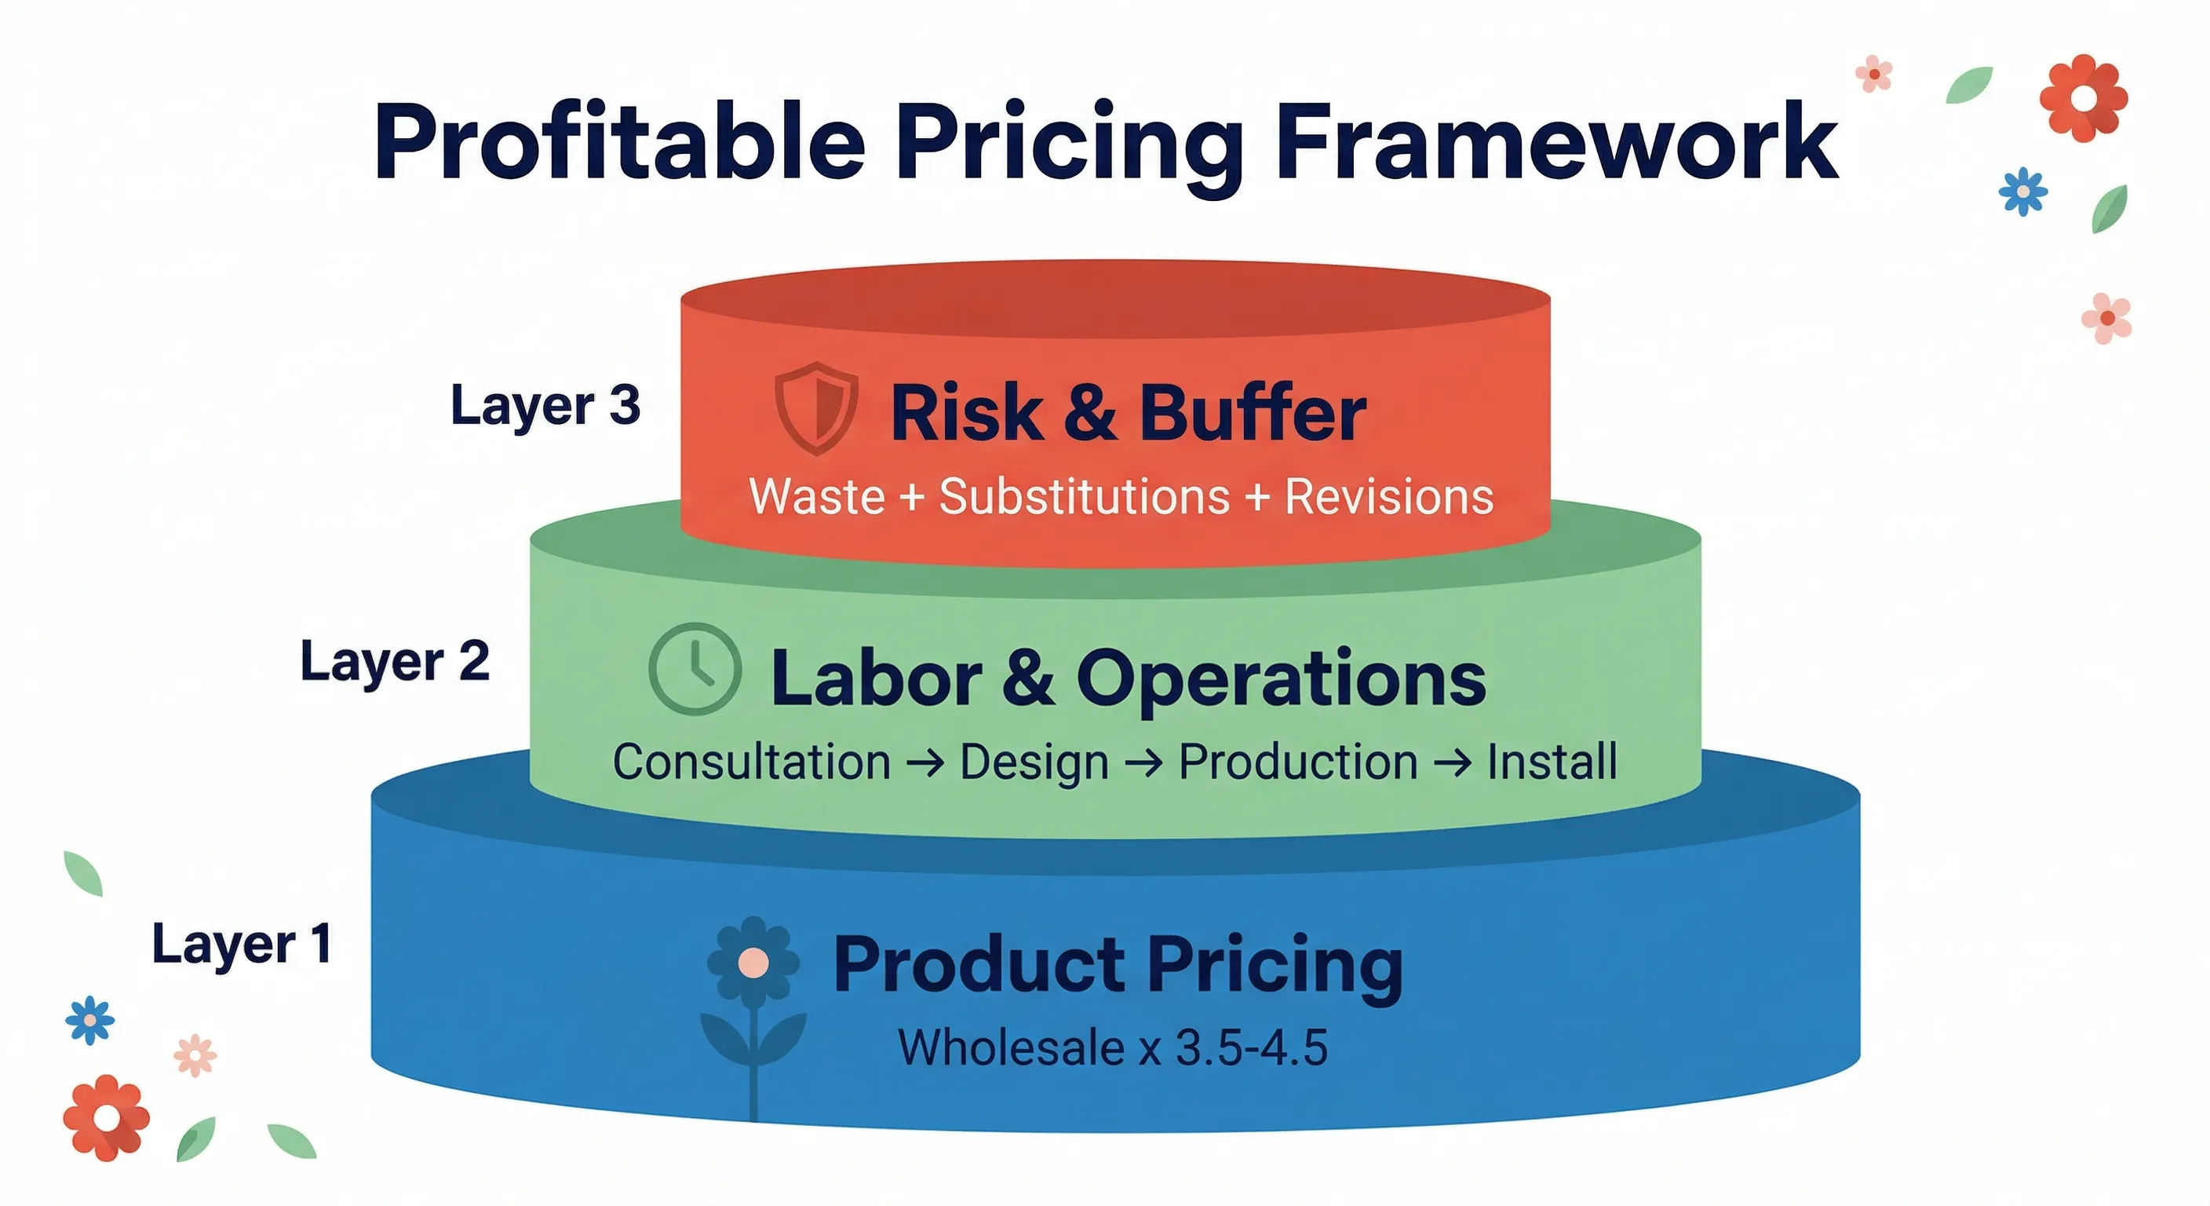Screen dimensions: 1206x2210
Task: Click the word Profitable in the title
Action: tap(619, 142)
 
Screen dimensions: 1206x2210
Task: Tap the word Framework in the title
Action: tap(1556, 142)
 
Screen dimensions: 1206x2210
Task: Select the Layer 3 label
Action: tap(545, 405)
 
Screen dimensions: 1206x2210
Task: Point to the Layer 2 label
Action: tap(395, 662)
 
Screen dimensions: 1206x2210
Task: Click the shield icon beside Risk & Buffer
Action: tap(816, 407)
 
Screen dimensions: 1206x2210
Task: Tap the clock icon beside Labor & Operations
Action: tap(695, 669)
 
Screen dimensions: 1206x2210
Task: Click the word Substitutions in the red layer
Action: tap(1085, 497)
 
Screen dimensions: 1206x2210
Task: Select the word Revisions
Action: tap(1389, 497)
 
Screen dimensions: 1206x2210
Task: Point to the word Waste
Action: tap(817, 497)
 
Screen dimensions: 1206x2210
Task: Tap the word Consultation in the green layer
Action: tap(752, 762)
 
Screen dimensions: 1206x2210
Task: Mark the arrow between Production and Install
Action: tap(1452, 762)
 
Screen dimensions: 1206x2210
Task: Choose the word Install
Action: tap(1551, 762)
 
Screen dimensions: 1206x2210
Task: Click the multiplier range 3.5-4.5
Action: tap(1251, 1047)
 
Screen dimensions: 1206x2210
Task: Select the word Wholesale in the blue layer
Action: tap(1012, 1047)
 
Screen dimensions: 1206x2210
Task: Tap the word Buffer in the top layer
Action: tap(1253, 414)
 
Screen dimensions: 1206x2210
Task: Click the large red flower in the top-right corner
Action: tap(2083, 98)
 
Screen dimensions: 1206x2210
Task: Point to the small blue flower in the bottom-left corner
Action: tap(89, 1020)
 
